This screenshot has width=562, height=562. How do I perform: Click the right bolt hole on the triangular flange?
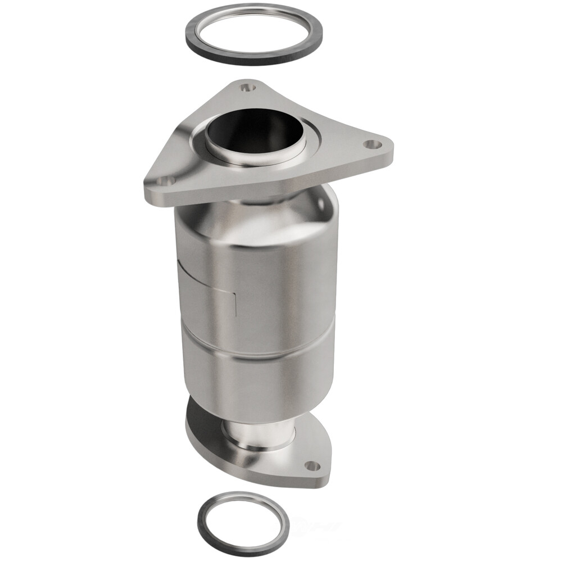(x=369, y=144)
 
